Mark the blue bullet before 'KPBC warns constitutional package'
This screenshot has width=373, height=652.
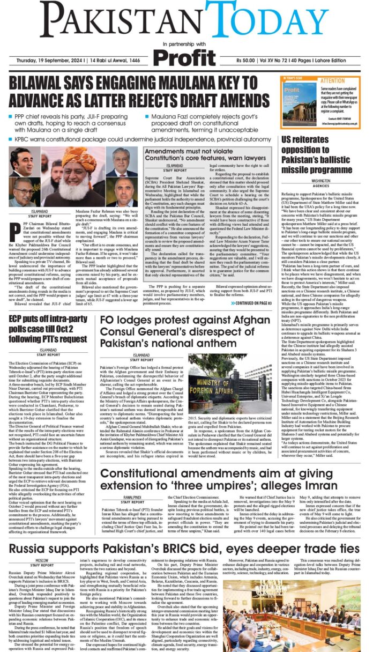pyautogui.click(x=11, y=138)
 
